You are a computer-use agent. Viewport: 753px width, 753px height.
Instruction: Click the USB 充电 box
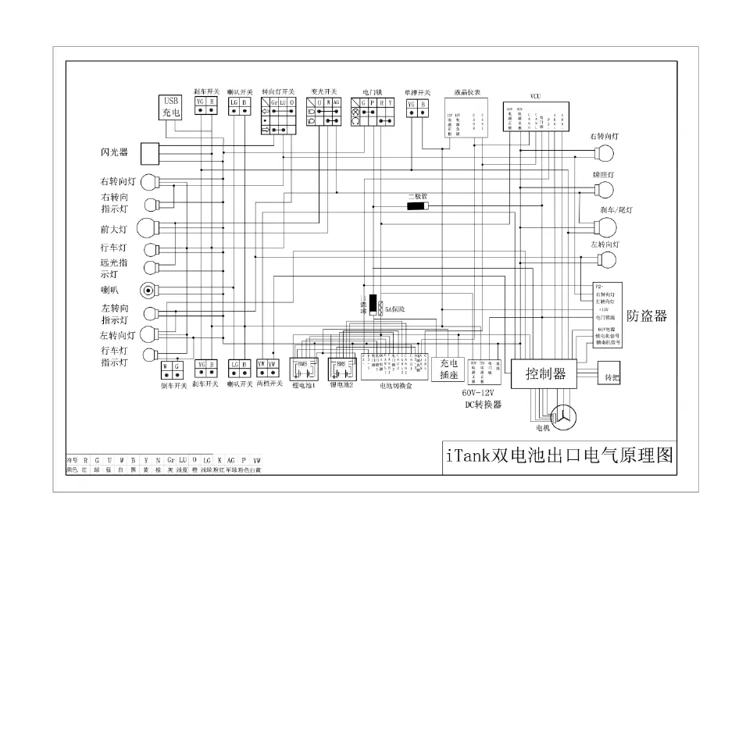coord(171,106)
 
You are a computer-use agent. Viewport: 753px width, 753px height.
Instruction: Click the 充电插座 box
coord(448,369)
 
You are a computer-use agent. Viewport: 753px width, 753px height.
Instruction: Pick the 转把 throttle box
coord(610,376)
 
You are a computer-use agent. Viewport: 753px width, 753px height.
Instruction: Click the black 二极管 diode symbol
coord(417,206)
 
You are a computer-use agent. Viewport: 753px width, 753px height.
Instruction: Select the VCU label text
coord(535,96)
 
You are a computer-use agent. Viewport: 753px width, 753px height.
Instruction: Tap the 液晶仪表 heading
coord(466,91)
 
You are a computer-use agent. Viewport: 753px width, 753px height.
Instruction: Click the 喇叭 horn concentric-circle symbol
coord(148,291)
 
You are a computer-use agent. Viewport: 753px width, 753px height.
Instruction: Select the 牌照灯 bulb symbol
coord(603,191)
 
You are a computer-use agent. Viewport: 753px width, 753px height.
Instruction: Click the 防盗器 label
coord(647,316)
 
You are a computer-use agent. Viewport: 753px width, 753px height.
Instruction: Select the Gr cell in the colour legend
coord(170,460)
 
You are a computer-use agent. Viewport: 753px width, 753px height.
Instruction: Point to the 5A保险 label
coord(395,310)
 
